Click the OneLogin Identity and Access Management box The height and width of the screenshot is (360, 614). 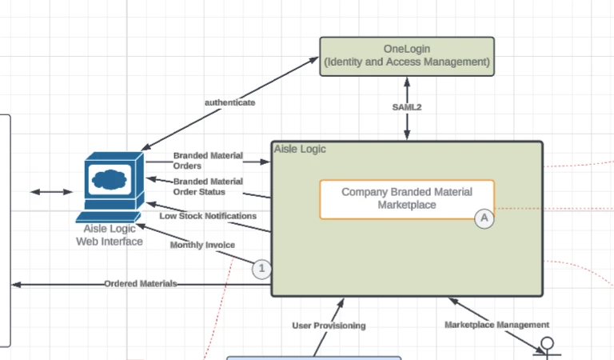[407, 56]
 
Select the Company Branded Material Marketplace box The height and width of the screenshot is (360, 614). [407, 198]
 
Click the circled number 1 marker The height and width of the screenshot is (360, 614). [261, 270]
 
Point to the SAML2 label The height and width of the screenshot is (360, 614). [407, 107]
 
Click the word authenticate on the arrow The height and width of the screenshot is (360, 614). [230, 102]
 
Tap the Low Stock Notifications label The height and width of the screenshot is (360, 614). [208, 216]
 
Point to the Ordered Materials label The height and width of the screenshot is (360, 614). [141, 284]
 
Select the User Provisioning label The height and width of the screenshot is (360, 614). [329, 326]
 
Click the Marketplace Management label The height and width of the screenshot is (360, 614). [496, 325]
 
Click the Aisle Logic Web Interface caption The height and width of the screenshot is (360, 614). [110, 235]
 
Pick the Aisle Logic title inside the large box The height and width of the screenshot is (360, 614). [300, 149]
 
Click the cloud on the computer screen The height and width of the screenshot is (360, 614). [110, 178]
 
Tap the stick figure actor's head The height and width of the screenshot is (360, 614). [548, 345]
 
